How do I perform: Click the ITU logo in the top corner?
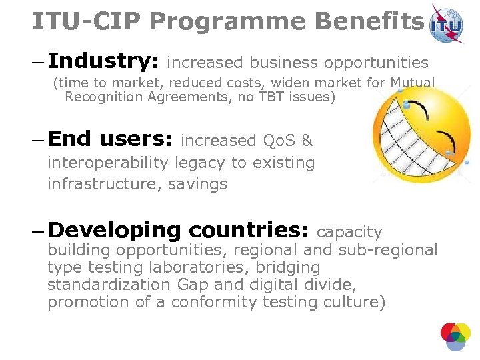[447, 25]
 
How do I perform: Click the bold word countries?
[248, 231]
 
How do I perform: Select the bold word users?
[136, 139]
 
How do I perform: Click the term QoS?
[279, 141]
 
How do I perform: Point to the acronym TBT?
[273, 97]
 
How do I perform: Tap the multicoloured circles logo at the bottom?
[455, 336]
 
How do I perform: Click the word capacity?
[349, 232]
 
